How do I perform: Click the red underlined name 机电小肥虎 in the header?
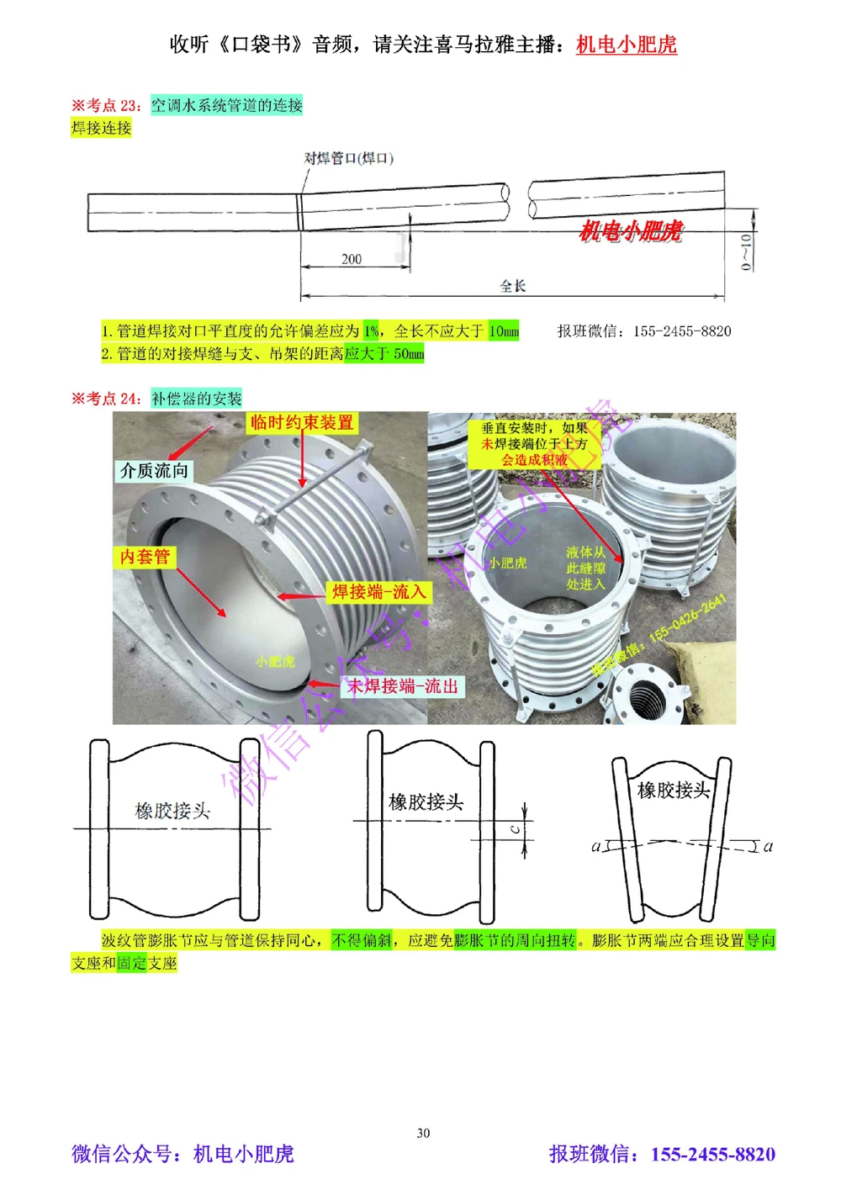click(626, 45)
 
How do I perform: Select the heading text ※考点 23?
click(106, 105)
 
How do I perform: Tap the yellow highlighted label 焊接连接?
click(101, 128)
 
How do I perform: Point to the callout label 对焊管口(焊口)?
click(348, 158)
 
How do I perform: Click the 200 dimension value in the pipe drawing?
click(352, 259)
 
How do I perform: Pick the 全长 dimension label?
click(512, 286)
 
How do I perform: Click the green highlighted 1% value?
click(371, 331)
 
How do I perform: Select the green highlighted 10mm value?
click(504, 331)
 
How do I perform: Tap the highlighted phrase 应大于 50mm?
click(384, 354)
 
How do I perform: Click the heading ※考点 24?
click(106, 399)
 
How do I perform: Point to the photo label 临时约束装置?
click(302, 423)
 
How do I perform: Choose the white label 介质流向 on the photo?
click(154, 471)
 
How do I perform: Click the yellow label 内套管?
click(145, 557)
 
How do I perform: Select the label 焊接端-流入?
click(378, 592)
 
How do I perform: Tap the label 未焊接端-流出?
click(403, 686)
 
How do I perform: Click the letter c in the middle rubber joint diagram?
click(515, 829)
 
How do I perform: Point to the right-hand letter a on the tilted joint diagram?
click(767, 846)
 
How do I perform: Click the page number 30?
click(423, 1133)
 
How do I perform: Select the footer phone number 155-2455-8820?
click(712, 1155)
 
